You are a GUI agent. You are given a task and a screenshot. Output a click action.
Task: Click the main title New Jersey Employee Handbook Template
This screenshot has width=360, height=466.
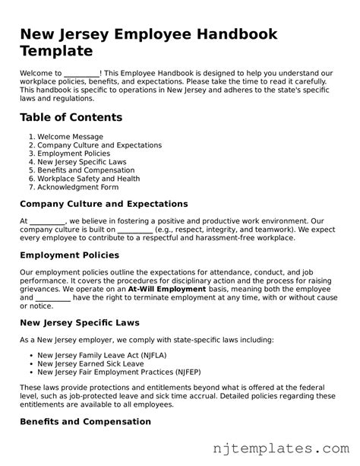(148, 43)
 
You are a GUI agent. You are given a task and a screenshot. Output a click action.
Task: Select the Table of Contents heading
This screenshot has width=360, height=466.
(71, 117)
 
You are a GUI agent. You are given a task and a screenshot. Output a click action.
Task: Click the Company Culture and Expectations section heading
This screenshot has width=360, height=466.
(103, 204)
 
